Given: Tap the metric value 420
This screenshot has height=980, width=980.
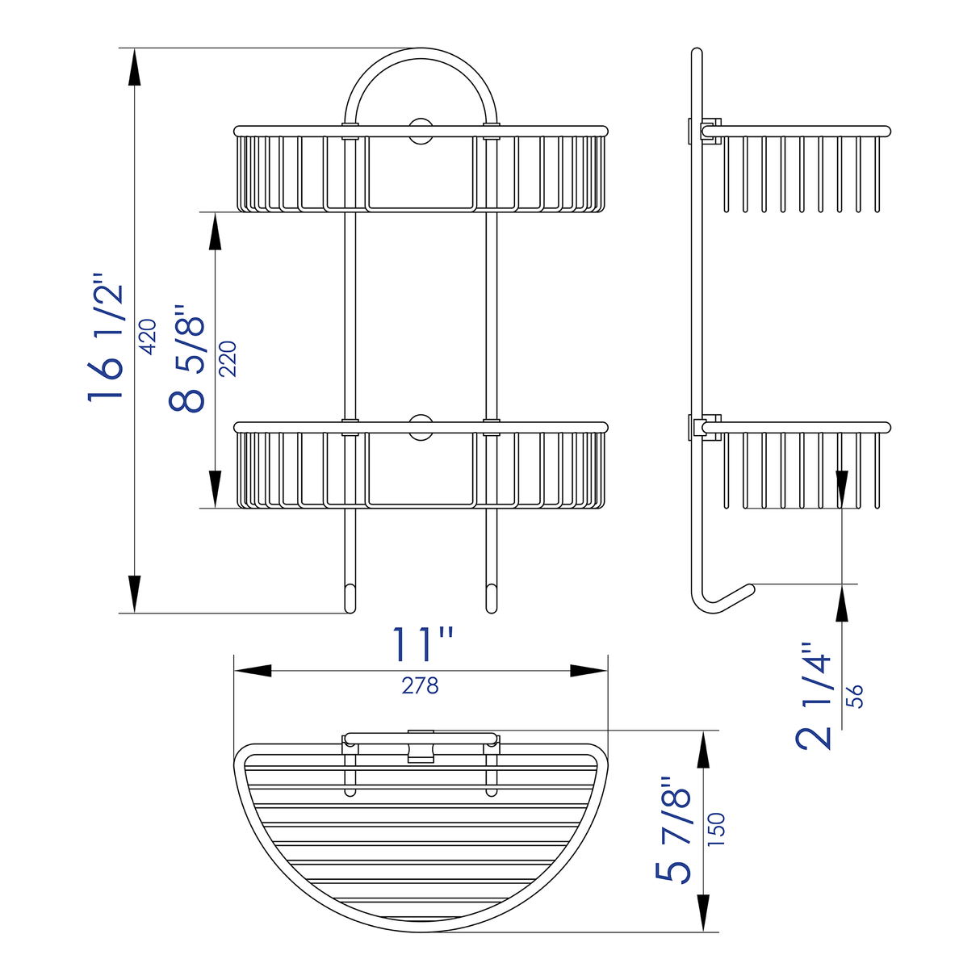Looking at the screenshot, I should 149,337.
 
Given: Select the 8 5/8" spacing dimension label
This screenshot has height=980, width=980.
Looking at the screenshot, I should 187,359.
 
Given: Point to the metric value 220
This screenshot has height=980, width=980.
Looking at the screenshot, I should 228,358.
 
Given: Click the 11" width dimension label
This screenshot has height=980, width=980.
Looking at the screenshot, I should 421,644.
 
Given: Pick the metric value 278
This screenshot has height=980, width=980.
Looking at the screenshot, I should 420,685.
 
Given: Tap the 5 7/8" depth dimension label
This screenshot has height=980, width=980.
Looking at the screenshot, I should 675,831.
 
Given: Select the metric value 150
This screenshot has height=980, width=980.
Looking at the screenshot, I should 716,830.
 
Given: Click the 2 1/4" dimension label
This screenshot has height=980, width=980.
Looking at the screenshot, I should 815,696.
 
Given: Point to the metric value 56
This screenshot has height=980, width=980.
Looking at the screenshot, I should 854,696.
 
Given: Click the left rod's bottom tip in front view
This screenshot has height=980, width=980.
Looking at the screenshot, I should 350,598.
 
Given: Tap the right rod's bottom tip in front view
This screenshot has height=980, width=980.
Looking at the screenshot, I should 491,598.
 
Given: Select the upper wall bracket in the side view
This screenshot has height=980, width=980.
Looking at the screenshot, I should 703,131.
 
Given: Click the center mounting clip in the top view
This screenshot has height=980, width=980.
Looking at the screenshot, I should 421,746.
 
